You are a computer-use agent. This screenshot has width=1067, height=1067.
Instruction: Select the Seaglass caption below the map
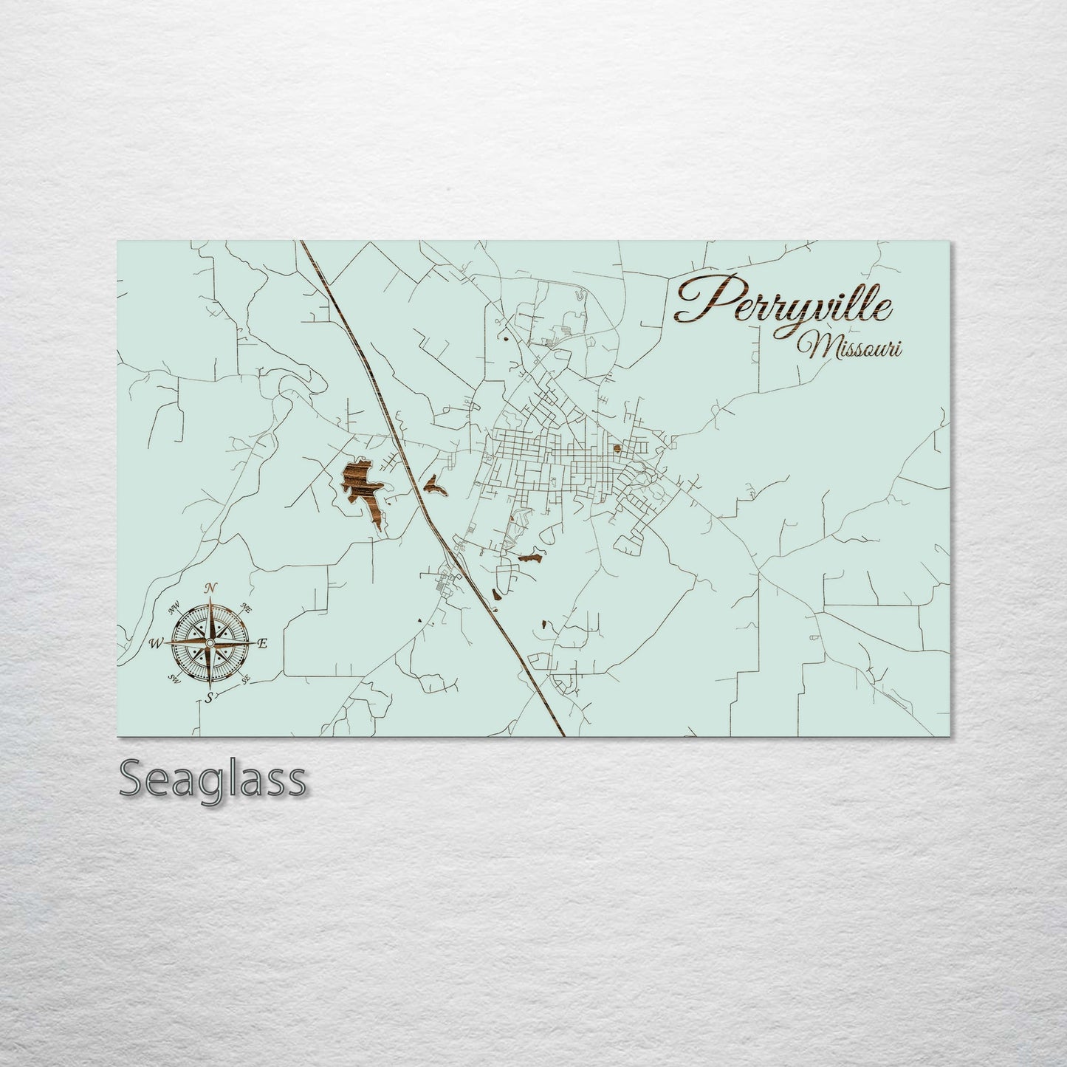pyautogui.click(x=212, y=778)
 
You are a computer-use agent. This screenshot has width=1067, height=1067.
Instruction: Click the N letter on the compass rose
pyautogui.click(x=211, y=588)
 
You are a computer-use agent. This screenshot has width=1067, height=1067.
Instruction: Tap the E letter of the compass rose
pyautogui.click(x=261, y=643)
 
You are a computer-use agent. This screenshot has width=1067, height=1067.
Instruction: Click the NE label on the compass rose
pyautogui.click(x=247, y=608)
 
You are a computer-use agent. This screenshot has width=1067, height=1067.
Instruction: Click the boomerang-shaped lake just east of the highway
pyautogui.click(x=433, y=487)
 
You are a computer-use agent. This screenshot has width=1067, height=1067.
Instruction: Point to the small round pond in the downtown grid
pyautogui.click(x=616, y=448)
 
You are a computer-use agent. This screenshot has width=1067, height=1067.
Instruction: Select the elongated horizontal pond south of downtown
pyautogui.click(x=529, y=558)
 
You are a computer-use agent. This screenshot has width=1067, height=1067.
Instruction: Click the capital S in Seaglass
pyautogui.click(x=133, y=778)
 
